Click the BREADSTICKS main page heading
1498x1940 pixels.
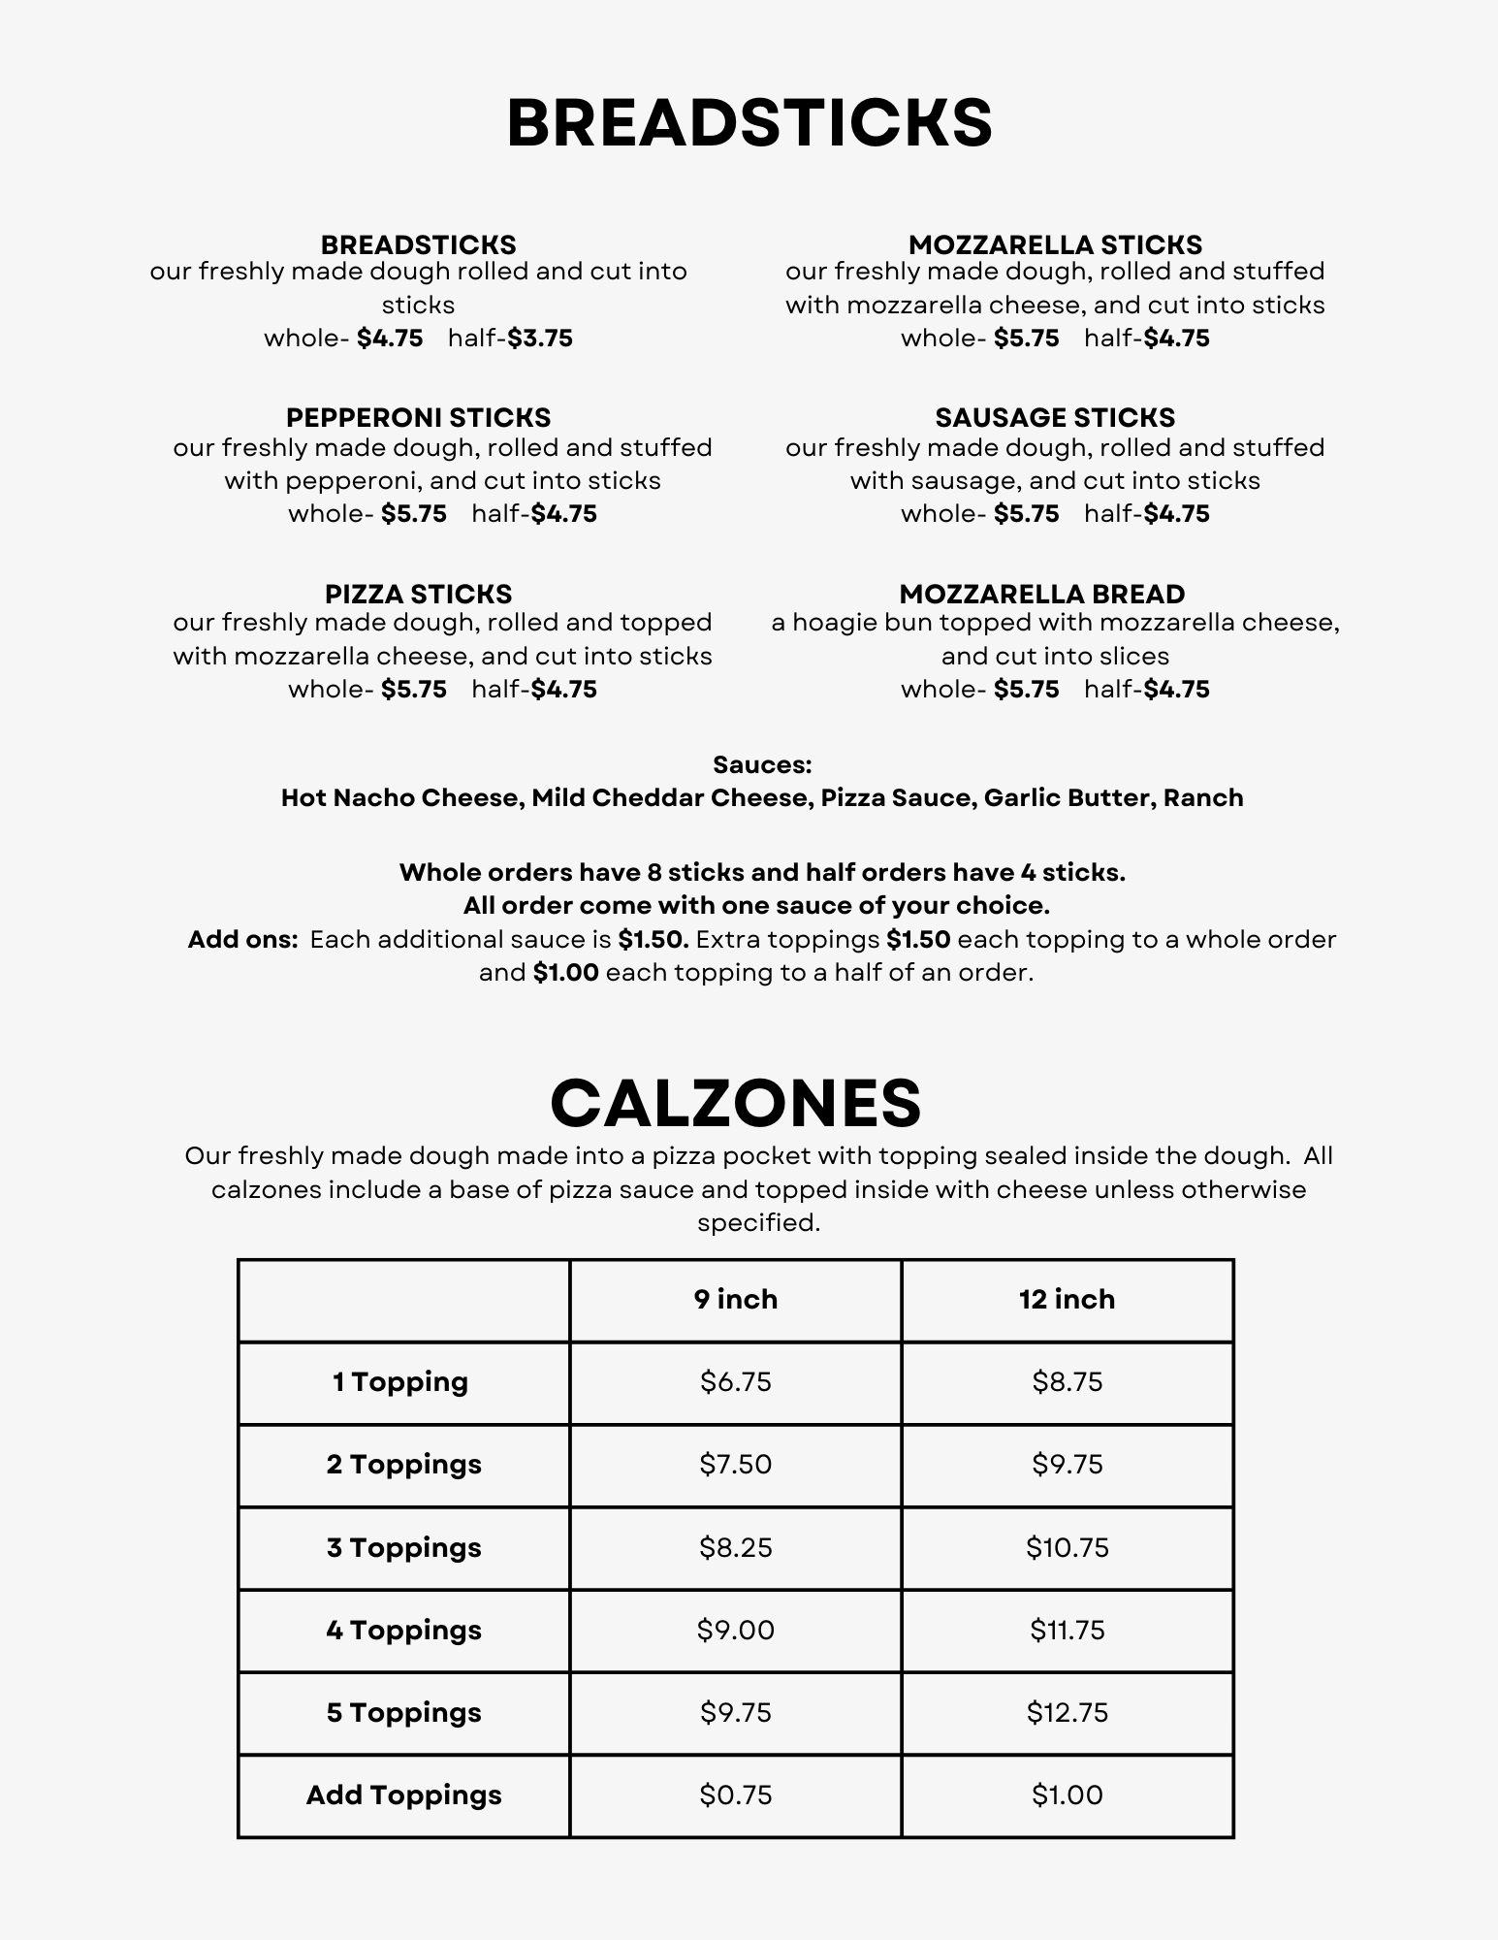[x=749, y=123]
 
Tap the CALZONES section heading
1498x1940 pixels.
[x=735, y=1103]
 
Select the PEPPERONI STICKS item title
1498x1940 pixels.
[x=418, y=418]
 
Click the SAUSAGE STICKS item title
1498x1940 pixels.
[x=1055, y=418]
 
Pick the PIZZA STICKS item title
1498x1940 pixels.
[x=418, y=594]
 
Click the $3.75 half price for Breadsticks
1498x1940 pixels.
[x=540, y=339]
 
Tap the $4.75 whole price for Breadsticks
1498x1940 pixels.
[x=390, y=339]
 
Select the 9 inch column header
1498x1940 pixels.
[x=735, y=1300]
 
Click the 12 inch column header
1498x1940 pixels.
[x=1067, y=1300]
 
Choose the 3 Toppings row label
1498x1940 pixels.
[x=403, y=1547]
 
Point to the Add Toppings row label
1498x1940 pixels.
[x=403, y=1795]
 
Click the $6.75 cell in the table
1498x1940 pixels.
[x=735, y=1381]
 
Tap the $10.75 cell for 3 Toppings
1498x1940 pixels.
[x=1067, y=1547]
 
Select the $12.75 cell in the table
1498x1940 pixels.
[x=1067, y=1713]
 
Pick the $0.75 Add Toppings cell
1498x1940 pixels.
[x=735, y=1795]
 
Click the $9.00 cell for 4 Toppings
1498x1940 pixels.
[x=735, y=1630]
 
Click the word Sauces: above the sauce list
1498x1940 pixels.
[x=762, y=765]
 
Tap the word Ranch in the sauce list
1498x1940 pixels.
[x=1203, y=798]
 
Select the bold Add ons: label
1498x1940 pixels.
[x=242, y=940]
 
